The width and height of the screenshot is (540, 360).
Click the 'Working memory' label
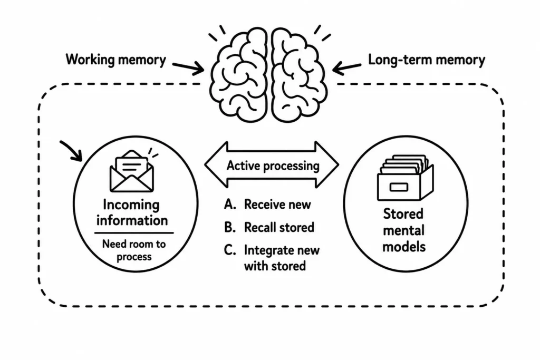click(x=115, y=60)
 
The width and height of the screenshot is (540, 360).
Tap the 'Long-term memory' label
click(x=426, y=60)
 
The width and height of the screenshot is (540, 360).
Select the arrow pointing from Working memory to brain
click(x=188, y=67)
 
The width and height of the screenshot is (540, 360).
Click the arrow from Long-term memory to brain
click(x=347, y=68)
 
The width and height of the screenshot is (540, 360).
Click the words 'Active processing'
click(x=273, y=166)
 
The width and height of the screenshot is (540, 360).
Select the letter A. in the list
click(x=230, y=205)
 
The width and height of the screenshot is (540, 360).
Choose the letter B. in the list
click(x=230, y=228)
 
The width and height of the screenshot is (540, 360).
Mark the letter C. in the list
click(x=230, y=250)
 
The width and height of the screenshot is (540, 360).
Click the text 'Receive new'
click(x=277, y=205)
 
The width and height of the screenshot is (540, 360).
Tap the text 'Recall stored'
click(x=279, y=228)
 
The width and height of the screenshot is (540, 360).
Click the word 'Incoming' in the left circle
click(x=131, y=205)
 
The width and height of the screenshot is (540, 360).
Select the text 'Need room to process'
click(x=134, y=250)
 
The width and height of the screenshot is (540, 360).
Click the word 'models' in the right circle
click(x=404, y=247)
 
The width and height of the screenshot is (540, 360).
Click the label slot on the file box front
click(x=399, y=187)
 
